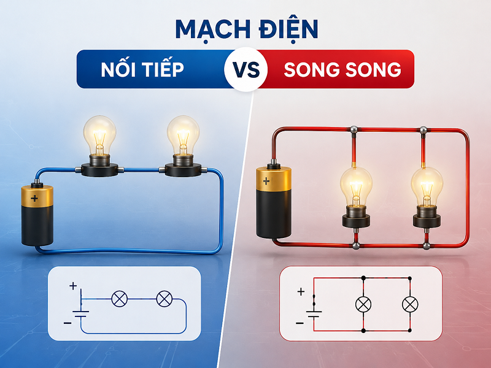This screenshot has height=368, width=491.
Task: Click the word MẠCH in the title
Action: (212, 29)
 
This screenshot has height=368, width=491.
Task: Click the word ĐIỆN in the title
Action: (288, 29)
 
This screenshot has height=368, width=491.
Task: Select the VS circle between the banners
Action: (246, 69)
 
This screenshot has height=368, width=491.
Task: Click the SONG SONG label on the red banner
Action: (342, 69)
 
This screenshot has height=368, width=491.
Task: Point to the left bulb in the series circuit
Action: (99, 137)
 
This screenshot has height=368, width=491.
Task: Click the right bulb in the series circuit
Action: (183, 137)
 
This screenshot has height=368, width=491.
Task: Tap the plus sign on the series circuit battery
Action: (34, 198)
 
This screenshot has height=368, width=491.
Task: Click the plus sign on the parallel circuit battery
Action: (266, 181)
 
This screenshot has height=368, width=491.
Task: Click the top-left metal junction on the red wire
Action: (354, 129)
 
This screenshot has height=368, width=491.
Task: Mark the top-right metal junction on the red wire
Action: (423, 130)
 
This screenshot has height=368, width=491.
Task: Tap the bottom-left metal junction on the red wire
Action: (356, 246)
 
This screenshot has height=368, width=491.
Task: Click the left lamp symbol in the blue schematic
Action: (120, 299)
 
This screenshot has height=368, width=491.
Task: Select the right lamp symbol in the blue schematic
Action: (164, 299)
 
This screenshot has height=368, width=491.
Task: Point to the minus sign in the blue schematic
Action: (68, 323)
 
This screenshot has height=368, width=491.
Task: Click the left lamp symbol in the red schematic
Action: (363, 304)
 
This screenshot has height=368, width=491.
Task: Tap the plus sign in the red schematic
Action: (301, 292)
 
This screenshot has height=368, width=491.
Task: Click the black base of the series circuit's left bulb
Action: (99, 170)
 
